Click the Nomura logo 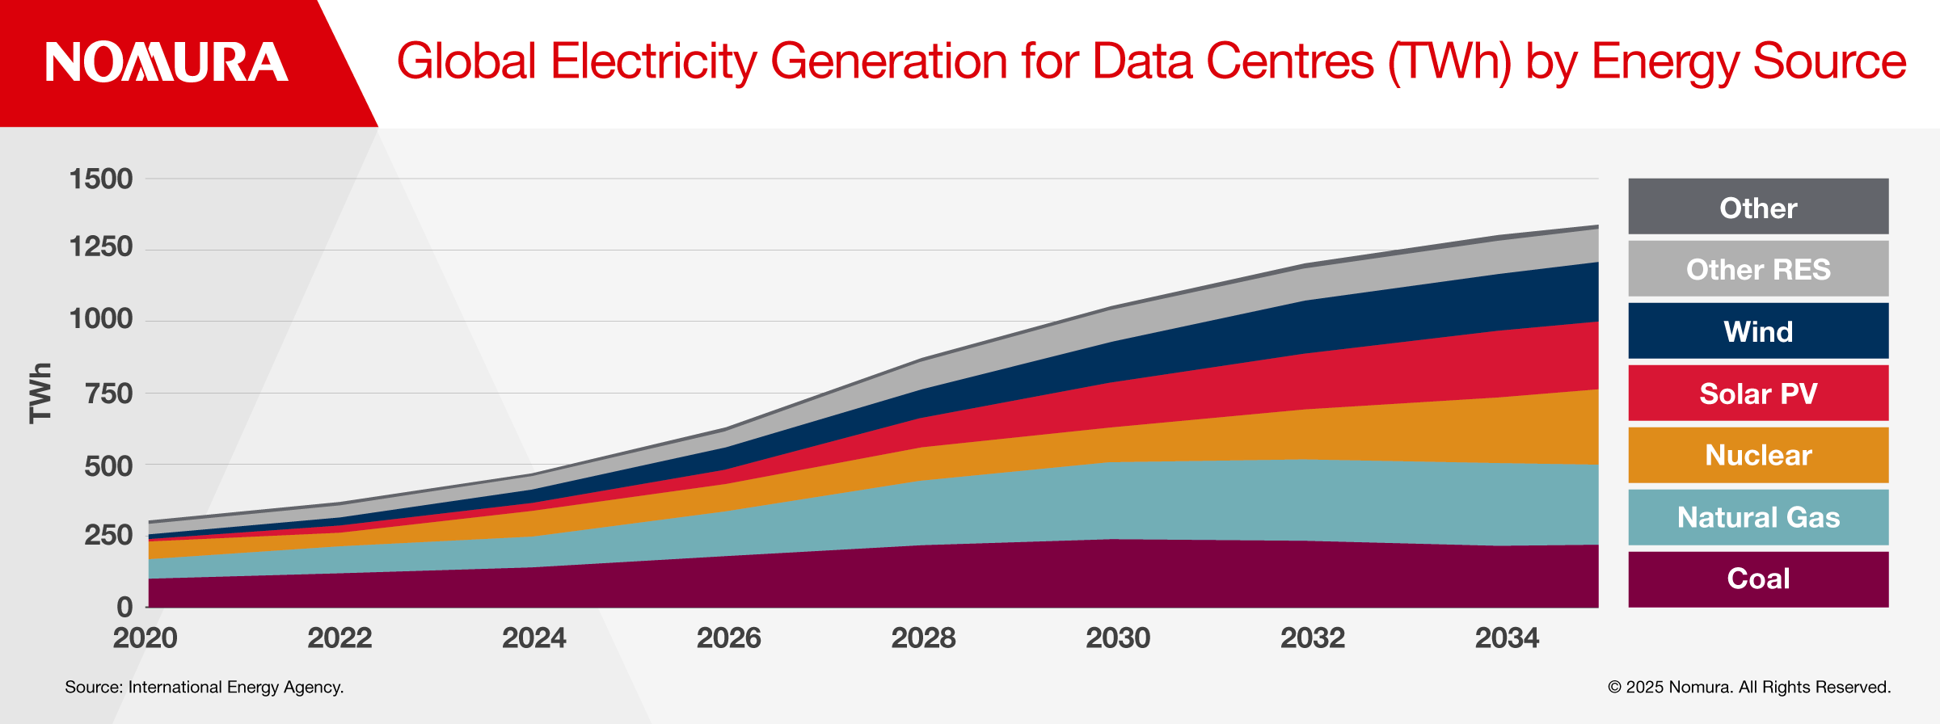167,62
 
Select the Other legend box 1757,207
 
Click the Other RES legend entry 1757,269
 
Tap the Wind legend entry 1757,331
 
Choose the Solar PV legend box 1757,394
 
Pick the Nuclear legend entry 1757,455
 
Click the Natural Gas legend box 1757,517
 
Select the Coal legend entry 1757,579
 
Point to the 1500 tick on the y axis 101,179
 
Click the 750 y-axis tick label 109,394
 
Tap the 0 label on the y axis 124,606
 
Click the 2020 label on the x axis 145,638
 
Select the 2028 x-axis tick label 923,638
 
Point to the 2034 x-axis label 1507,638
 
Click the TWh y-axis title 40,393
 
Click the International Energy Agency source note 205,687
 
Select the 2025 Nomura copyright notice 1749,687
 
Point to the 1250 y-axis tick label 101,246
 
